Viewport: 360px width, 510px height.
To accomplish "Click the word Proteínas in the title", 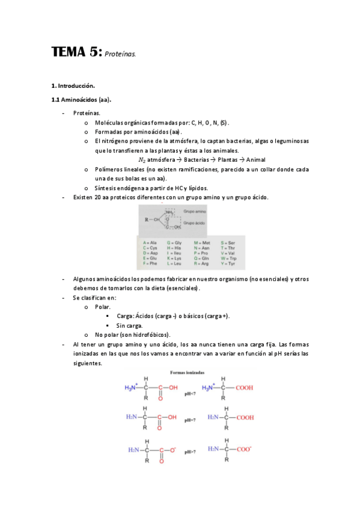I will (x=120, y=55).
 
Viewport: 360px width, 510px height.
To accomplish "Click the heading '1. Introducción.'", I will (x=73, y=86).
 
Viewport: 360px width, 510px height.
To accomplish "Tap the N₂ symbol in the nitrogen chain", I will (x=141, y=160).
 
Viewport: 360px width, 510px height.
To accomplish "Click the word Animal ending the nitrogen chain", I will (x=251, y=160).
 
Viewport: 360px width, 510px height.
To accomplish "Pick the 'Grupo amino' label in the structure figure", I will (x=195, y=212).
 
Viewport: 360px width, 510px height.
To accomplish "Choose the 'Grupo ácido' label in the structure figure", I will (x=195, y=223).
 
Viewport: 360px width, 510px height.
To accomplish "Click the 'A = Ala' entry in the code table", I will (x=150, y=242).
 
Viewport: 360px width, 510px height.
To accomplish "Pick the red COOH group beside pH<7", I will (x=245, y=388).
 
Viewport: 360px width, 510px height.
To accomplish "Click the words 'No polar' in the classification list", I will (x=106, y=334).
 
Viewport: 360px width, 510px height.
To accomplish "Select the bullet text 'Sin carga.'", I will (x=129, y=325).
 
